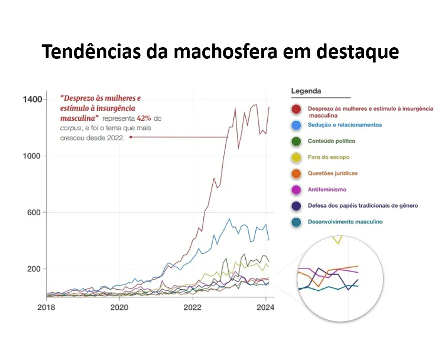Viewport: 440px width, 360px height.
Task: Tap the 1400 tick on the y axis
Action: click(32, 99)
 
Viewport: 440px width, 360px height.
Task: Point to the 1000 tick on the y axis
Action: click(32, 156)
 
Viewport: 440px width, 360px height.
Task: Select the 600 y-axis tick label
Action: click(34, 212)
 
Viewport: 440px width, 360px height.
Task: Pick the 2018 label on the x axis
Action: click(46, 307)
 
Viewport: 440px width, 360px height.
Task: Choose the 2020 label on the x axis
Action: click(119, 307)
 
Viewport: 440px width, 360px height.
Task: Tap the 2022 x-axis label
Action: click(192, 307)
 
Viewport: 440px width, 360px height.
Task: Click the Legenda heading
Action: click(306, 91)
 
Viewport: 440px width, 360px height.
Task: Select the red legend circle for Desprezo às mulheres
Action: click(296, 109)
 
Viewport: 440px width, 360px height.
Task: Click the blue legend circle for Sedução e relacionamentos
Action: click(296, 125)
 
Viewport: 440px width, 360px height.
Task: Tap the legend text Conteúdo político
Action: click(331, 141)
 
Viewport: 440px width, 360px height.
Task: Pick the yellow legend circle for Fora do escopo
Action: click(296, 158)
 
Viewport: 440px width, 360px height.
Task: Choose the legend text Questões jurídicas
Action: click(333, 173)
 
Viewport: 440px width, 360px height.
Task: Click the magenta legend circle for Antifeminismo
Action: click(296, 190)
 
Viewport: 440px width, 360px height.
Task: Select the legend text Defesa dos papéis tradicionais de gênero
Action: click(363, 206)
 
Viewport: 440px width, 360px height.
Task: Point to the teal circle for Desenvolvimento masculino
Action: click(296, 222)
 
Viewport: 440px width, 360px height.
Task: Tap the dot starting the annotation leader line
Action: click(131, 137)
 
